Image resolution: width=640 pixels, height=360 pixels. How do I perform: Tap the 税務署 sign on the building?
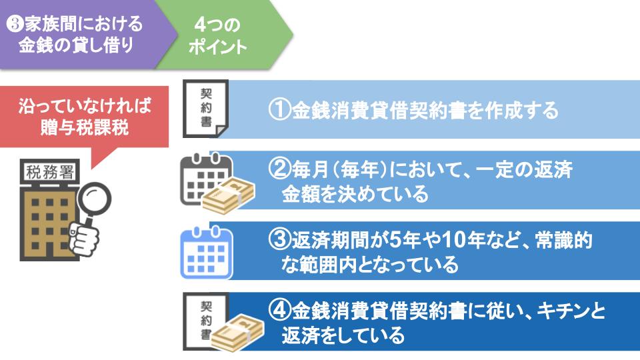(x=50, y=172)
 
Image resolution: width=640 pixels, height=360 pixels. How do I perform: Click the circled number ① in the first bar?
(x=279, y=110)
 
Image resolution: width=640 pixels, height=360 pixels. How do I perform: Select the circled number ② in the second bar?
(x=279, y=169)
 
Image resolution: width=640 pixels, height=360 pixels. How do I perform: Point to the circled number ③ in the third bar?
(x=279, y=239)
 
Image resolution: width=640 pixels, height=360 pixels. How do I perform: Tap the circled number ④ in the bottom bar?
(x=279, y=311)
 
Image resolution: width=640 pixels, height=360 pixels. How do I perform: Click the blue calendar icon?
(x=207, y=253)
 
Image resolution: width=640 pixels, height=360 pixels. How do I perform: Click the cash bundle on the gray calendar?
(x=229, y=195)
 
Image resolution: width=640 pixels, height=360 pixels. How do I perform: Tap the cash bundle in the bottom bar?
(x=238, y=333)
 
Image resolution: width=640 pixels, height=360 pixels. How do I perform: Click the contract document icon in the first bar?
(x=206, y=109)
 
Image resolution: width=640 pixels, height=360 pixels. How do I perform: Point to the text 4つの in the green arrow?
(x=217, y=25)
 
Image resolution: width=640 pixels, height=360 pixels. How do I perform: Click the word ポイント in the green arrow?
(x=217, y=47)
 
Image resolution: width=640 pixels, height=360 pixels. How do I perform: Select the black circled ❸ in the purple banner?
(x=15, y=24)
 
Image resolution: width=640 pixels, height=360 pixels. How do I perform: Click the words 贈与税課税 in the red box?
(x=85, y=127)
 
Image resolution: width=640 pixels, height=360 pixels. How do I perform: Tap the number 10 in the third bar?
(x=454, y=239)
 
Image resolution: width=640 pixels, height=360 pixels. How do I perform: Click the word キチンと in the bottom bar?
(x=571, y=311)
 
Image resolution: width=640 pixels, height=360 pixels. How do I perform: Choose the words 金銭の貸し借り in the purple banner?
(x=76, y=45)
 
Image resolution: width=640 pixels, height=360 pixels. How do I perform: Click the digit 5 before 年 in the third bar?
(x=395, y=239)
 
